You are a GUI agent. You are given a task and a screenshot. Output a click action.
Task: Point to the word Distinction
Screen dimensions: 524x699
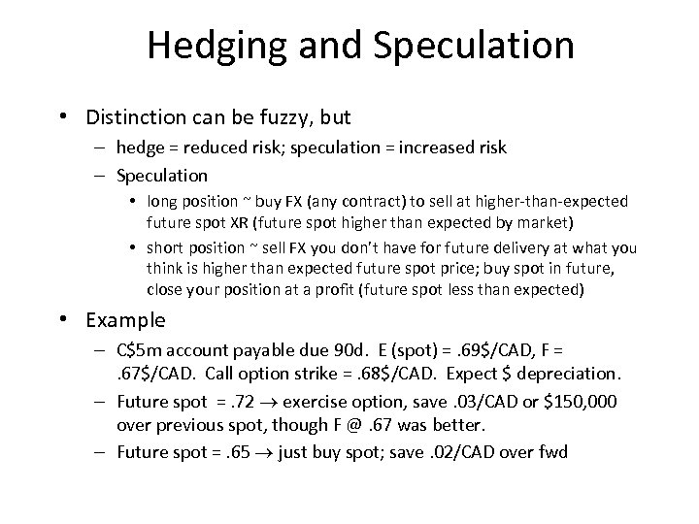click(144, 117)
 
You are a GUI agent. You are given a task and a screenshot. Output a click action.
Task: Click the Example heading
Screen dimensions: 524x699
click(125, 320)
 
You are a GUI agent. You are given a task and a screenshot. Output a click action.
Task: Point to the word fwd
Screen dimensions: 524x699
click(554, 451)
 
